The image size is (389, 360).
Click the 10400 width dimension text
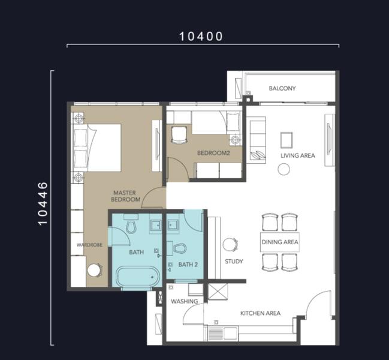coord(201,36)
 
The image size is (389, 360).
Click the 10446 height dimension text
coord(43,203)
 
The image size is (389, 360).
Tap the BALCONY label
coord(282,88)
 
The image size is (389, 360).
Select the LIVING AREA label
coord(298,155)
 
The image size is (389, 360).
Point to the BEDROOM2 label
coord(213,153)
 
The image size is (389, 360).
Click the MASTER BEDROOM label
coord(125,196)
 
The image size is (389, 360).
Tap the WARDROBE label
coord(89,245)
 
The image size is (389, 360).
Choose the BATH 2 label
coord(188,265)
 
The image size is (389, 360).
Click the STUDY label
coord(234,262)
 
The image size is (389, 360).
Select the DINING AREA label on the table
coord(280,242)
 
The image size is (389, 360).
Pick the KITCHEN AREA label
coord(261,313)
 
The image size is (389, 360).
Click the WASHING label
coord(185,301)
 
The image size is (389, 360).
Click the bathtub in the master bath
coord(138,277)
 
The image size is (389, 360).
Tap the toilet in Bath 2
coord(180,248)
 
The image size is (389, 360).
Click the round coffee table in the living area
coord(284,169)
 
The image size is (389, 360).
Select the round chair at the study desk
coord(230,245)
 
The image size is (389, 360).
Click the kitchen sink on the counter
coord(230,334)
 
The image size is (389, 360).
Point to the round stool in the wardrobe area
coord(95,270)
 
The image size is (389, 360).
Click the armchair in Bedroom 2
coord(179,135)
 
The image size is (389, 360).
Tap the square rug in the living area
coord(287,140)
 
